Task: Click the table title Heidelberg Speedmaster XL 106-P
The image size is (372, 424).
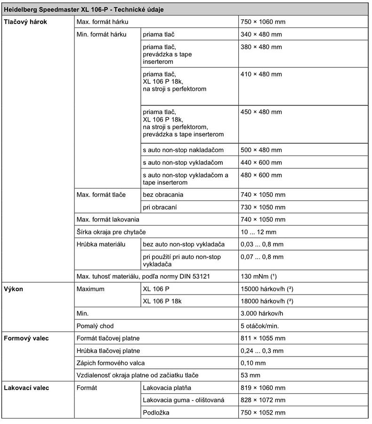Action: tap(84, 9)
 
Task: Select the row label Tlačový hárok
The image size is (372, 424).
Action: tap(25, 22)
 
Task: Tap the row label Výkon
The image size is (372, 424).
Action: tap(13, 289)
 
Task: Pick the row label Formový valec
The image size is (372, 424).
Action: tap(26, 338)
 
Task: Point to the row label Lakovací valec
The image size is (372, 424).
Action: tap(26, 388)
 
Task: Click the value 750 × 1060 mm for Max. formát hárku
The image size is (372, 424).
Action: tap(263, 22)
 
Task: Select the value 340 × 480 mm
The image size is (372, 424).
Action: tap(261, 34)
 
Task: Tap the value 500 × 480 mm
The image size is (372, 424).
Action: tap(261, 150)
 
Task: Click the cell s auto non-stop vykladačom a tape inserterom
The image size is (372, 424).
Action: tap(185, 179)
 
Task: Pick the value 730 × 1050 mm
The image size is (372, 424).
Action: tap(263, 207)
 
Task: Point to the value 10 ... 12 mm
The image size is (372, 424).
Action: tap(258, 232)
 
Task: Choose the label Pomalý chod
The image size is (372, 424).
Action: tap(95, 326)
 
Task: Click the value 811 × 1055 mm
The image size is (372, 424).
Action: tap(263, 338)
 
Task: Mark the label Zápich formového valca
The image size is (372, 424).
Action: tap(111, 363)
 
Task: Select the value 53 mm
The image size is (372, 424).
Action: tap(250, 375)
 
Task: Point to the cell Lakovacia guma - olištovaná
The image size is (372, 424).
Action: tap(183, 400)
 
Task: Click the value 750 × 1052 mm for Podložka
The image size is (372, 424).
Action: tap(263, 412)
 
